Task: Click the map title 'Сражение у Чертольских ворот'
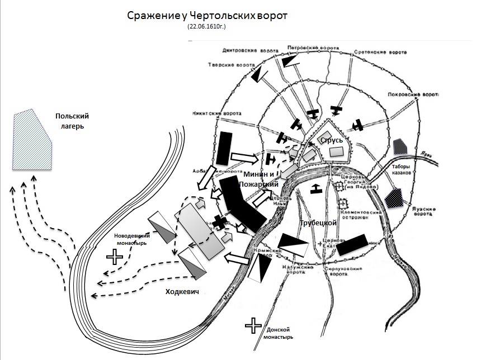point(206,15)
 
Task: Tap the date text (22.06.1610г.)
point(206,27)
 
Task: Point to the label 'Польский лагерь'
point(72,121)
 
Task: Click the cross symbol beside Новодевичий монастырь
point(115,257)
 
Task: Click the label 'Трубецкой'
point(318,222)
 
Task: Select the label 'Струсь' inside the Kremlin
point(331,140)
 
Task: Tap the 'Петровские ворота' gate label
point(306,48)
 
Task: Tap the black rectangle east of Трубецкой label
point(352,244)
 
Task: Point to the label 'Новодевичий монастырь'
point(133,239)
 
